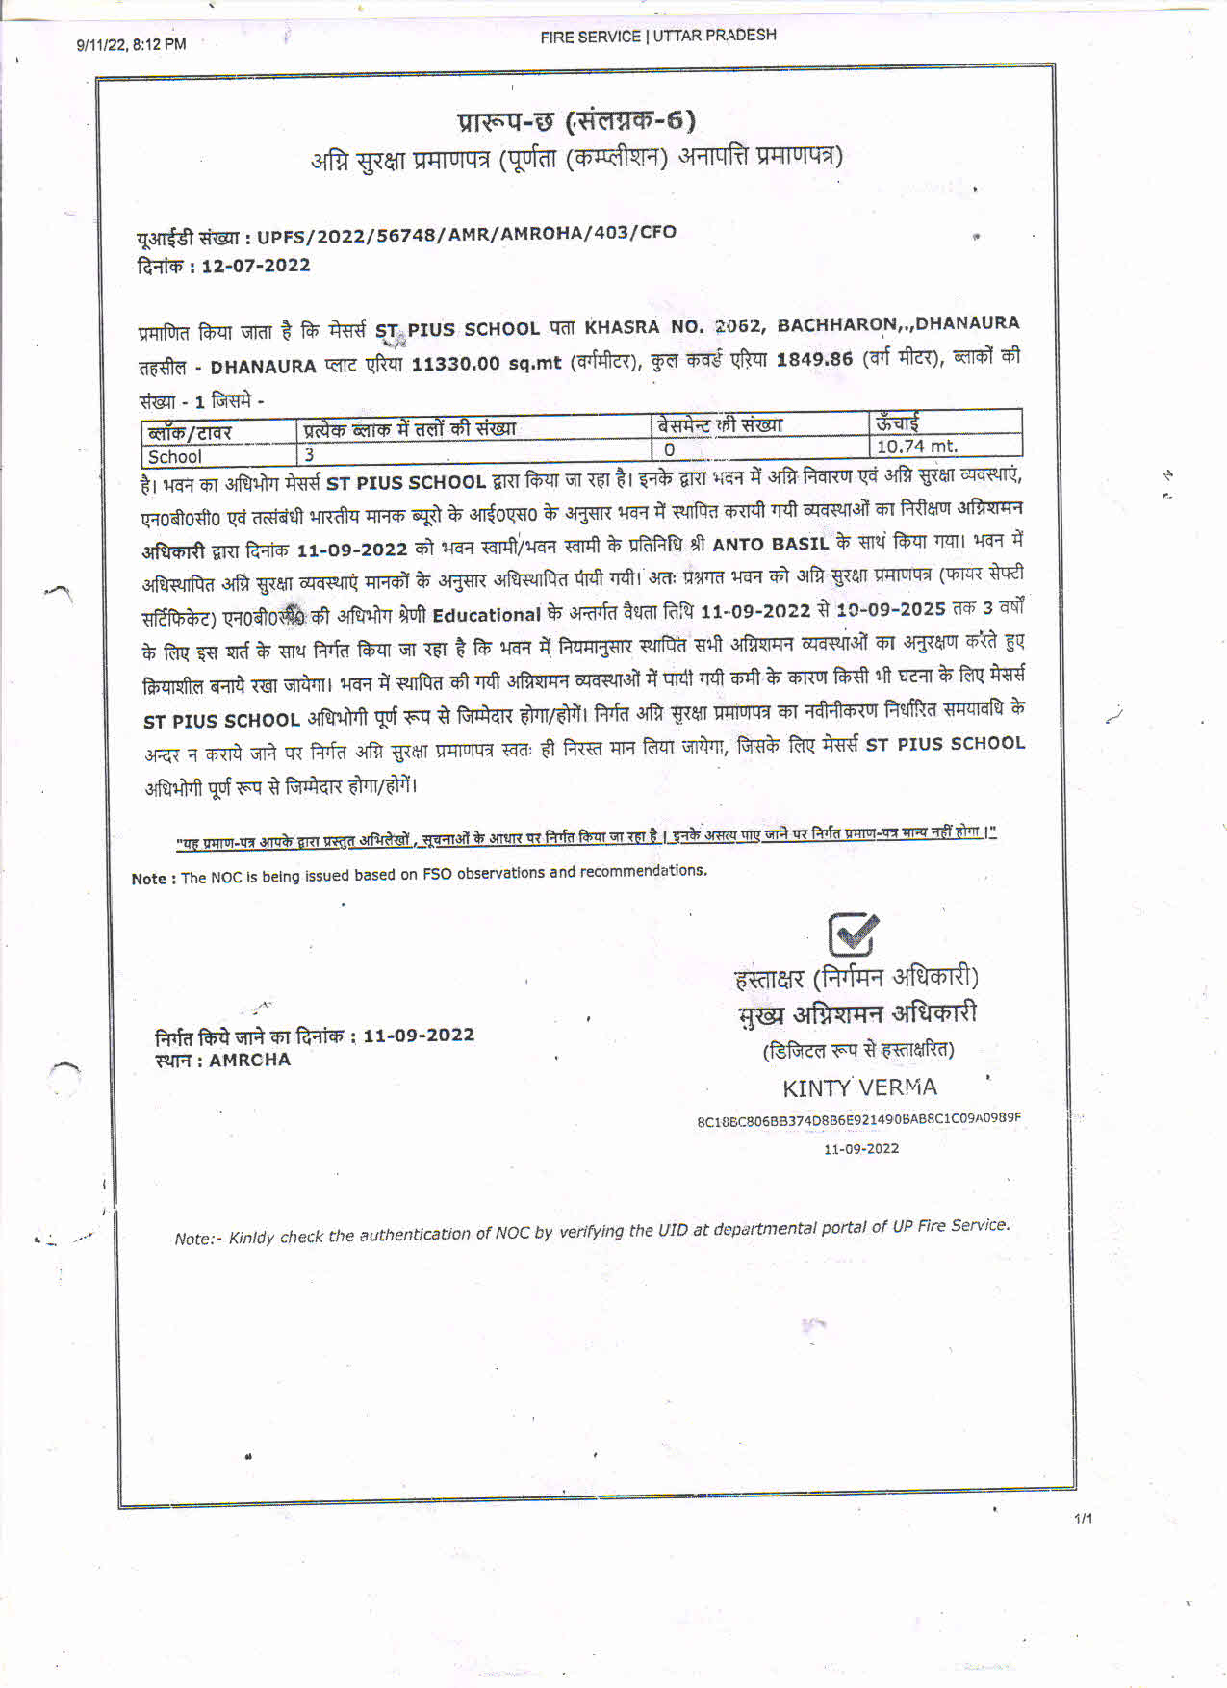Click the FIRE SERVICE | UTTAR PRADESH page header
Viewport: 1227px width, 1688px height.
tap(657, 36)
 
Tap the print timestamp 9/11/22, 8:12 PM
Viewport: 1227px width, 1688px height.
tap(131, 44)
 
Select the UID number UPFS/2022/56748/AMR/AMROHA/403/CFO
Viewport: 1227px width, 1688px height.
tap(466, 234)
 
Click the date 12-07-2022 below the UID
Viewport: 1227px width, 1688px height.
tap(256, 266)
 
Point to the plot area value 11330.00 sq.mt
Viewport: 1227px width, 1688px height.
tap(486, 364)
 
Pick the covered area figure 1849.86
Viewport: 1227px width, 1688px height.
tap(814, 359)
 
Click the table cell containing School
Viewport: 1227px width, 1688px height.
tap(175, 457)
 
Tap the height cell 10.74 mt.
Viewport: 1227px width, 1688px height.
tap(916, 447)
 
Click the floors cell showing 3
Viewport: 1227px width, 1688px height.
tap(310, 454)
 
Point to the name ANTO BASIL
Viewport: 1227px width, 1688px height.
tap(770, 545)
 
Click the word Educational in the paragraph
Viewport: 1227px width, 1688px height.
tap(486, 615)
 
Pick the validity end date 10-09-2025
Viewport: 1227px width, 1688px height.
tap(890, 609)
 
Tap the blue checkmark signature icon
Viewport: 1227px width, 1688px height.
tap(853, 934)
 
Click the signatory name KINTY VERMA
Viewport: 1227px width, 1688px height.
tap(859, 1087)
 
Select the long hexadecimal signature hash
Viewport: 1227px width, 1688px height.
tap(858, 1119)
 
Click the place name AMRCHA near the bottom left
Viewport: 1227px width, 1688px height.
tap(249, 1060)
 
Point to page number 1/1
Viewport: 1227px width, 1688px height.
tap(1083, 1519)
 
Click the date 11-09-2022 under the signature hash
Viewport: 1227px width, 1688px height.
tap(860, 1148)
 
